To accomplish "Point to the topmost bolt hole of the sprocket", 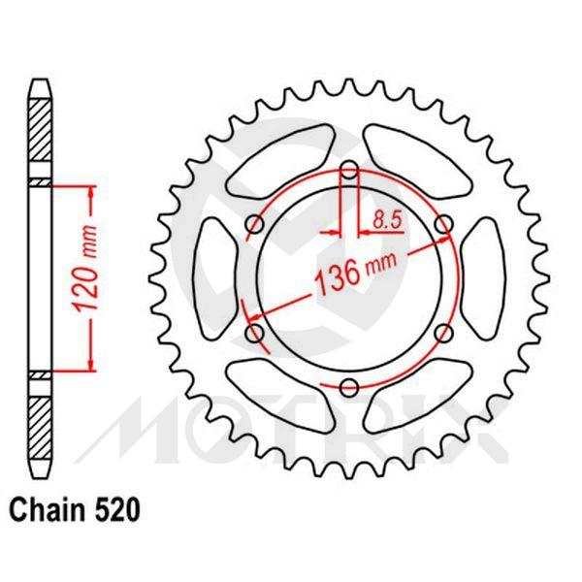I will pyautogui.click(x=349, y=171).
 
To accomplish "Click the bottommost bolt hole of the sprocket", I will pyautogui.click(x=349, y=388).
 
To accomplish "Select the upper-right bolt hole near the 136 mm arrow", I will pyautogui.click(x=443, y=225).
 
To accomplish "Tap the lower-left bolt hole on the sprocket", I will pyautogui.click(x=256, y=334).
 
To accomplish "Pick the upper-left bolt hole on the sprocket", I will pyautogui.click(x=256, y=225).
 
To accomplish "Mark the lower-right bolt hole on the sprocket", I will pyautogui.click(x=443, y=334).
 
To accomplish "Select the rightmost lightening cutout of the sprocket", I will pyautogui.click(x=482, y=279).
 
